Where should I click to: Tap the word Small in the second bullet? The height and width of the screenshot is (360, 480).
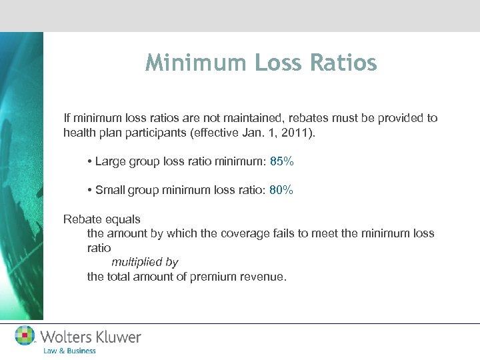coord(110,190)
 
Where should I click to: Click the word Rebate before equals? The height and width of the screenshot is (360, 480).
coord(82,219)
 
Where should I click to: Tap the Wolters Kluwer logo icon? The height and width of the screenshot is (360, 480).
coord(25,336)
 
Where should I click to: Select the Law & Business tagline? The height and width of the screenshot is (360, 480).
coord(69,351)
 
